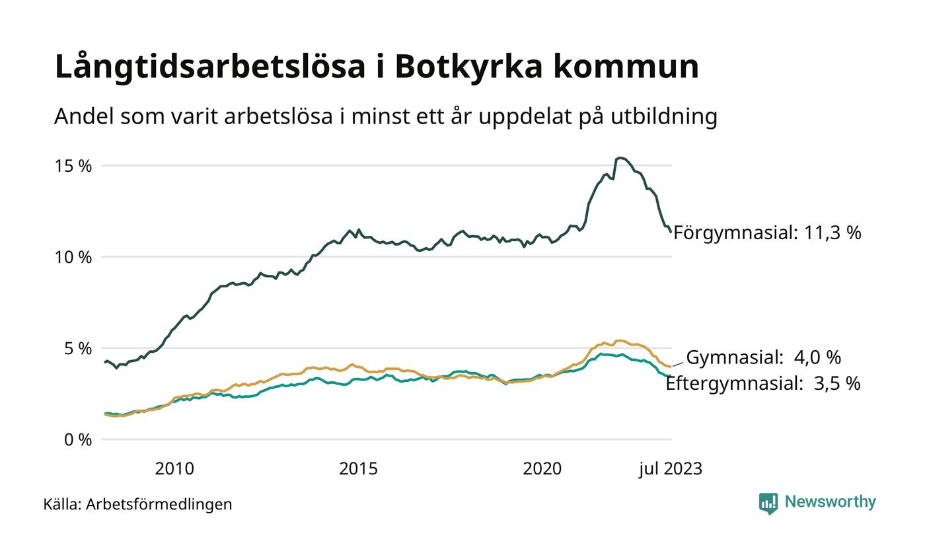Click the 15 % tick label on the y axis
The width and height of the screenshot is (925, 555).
[x=73, y=166]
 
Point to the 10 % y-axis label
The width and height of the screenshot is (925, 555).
[x=73, y=257]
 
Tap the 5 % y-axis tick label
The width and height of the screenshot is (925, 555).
[x=77, y=348]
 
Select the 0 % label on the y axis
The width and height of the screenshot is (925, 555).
[x=77, y=439]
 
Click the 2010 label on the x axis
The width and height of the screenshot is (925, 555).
[x=174, y=469]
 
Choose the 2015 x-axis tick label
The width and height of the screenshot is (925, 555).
[x=358, y=469]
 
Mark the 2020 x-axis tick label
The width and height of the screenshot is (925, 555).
[x=542, y=469]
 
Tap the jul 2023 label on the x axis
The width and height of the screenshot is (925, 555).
[x=670, y=469]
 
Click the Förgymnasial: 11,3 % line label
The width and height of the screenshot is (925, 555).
[x=767, y=233]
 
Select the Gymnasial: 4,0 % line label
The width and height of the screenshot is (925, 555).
[x=763, y=357]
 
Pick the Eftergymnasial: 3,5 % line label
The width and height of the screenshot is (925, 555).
[x=762, y=384]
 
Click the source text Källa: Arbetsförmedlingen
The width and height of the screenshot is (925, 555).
[x=137, y=504]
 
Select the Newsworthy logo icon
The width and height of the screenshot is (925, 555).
[x=768, y=503]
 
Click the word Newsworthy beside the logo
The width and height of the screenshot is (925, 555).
[x=830, y=502]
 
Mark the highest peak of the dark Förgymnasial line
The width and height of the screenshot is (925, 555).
[x=620, y=158]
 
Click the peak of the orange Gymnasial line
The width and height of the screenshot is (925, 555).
[x=620, y=341]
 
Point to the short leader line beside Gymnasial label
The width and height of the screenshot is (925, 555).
[x=678, y=363]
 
